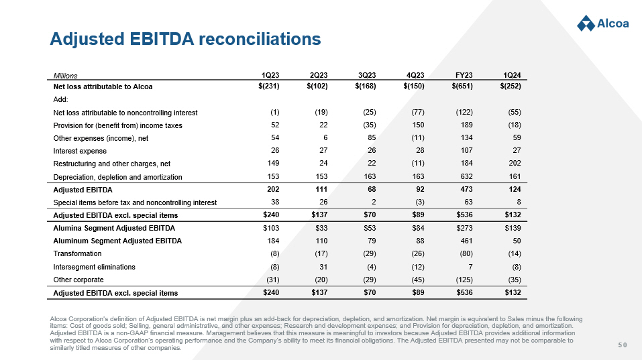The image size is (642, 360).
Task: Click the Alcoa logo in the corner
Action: coord(602,23)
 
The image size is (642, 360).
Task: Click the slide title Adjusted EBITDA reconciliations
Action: coord(185,40)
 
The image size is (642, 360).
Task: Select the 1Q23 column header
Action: coord(270,74)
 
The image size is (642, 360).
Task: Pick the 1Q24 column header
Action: coord(512,74)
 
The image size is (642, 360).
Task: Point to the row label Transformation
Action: coord(77,254)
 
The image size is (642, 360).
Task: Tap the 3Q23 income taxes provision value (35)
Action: coord(368,125)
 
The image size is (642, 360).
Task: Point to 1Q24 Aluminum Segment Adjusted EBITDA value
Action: coord(517,241)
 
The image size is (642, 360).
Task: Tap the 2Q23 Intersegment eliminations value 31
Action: coord(323,267)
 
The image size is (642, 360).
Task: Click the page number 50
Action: coord(623,345)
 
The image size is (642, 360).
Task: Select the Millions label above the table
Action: coord(65,75)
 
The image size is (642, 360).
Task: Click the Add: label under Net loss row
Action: coord(60,99)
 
